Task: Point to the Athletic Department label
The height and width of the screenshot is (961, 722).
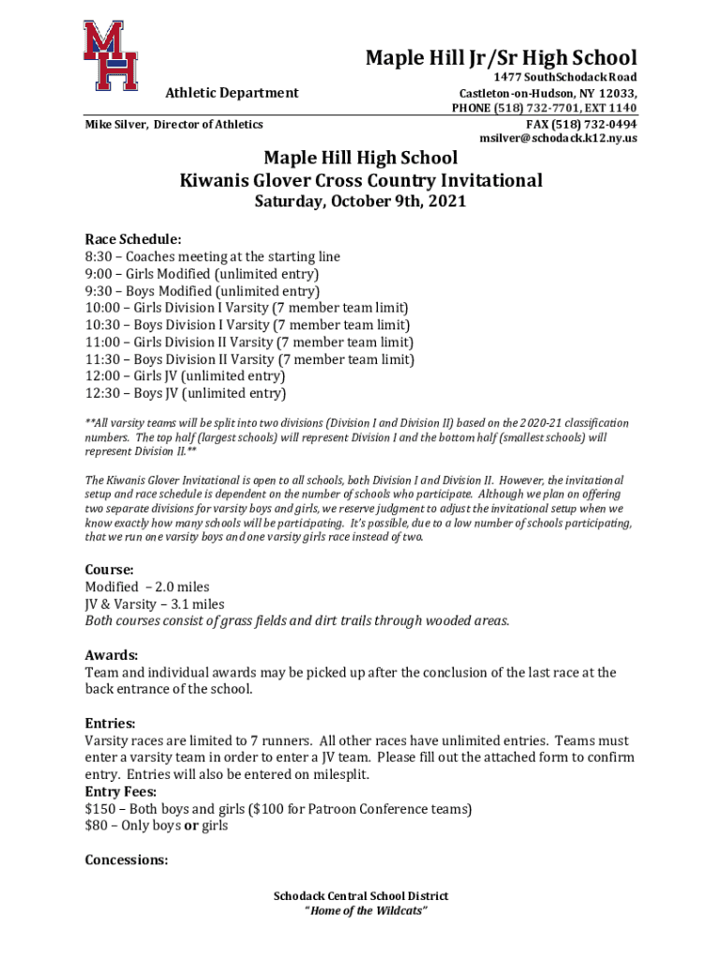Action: tap(232, 92)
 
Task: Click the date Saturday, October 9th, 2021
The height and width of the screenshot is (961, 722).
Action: tap(361, 202)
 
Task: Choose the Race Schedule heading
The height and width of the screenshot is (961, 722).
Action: tap(133, 239)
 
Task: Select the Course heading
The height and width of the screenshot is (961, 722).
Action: tap(110, 570)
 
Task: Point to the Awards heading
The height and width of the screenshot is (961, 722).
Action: tap(112, 655)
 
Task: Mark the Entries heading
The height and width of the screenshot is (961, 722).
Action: tap(111, 724)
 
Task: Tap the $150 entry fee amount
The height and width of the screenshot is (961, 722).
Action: tap(101, 809)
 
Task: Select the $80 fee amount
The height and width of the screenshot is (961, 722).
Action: tap(98, 826)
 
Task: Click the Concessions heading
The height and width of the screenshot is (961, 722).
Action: tap(127, 861)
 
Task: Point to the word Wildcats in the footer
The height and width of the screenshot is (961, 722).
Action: tap(397, 911)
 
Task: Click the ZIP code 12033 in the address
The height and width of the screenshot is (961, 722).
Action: tap(616, 94)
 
